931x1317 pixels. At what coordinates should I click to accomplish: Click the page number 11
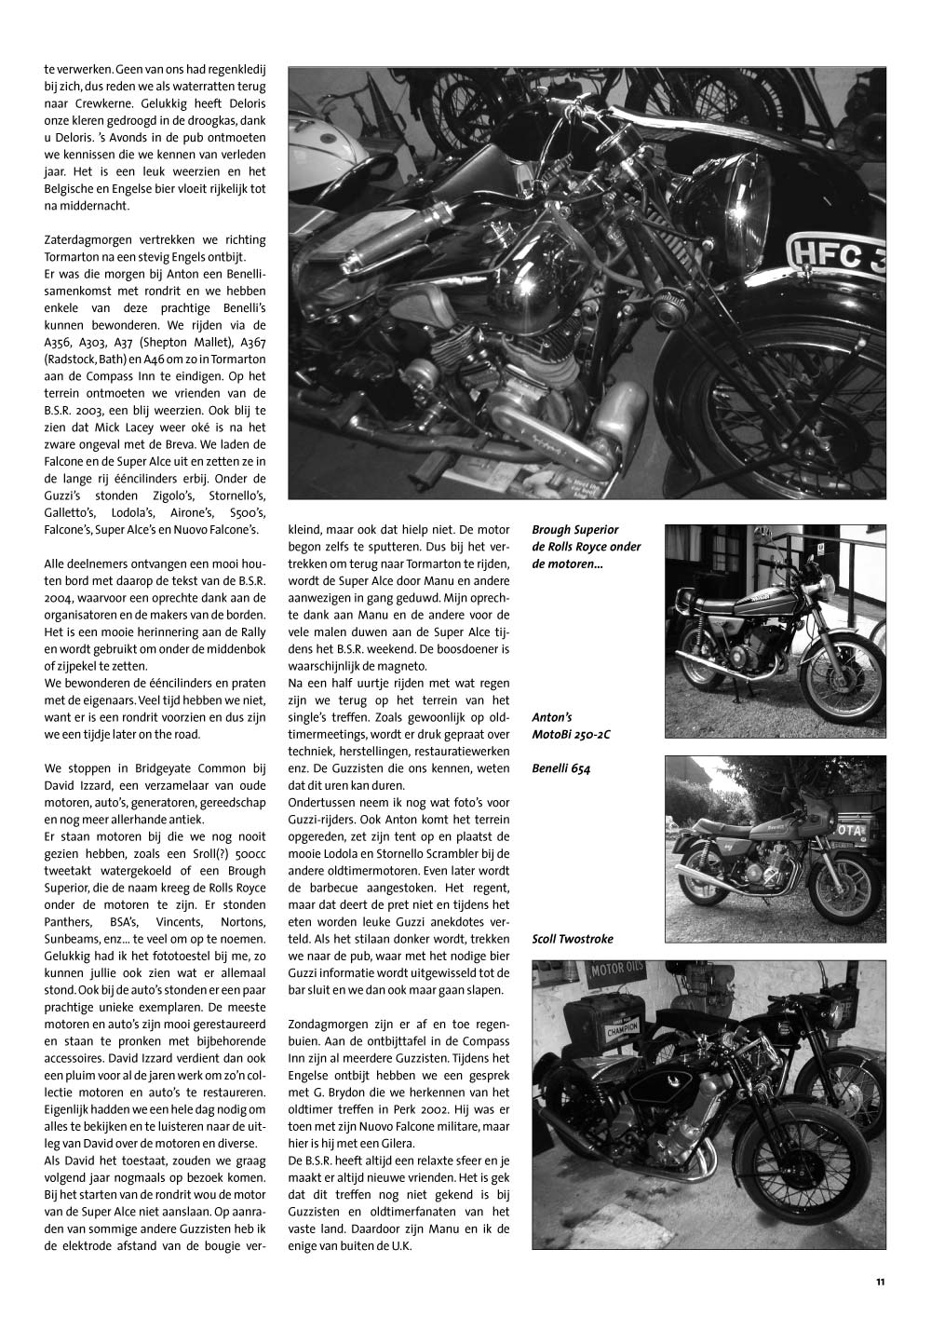coord(880,1283)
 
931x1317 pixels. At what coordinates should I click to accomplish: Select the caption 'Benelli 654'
coord(561,769)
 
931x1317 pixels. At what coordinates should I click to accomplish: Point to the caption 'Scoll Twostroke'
coord(573,939)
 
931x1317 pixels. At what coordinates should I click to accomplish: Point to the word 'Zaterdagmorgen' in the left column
coord(85,240)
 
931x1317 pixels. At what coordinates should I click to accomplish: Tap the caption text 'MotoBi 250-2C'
coord(572,735)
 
